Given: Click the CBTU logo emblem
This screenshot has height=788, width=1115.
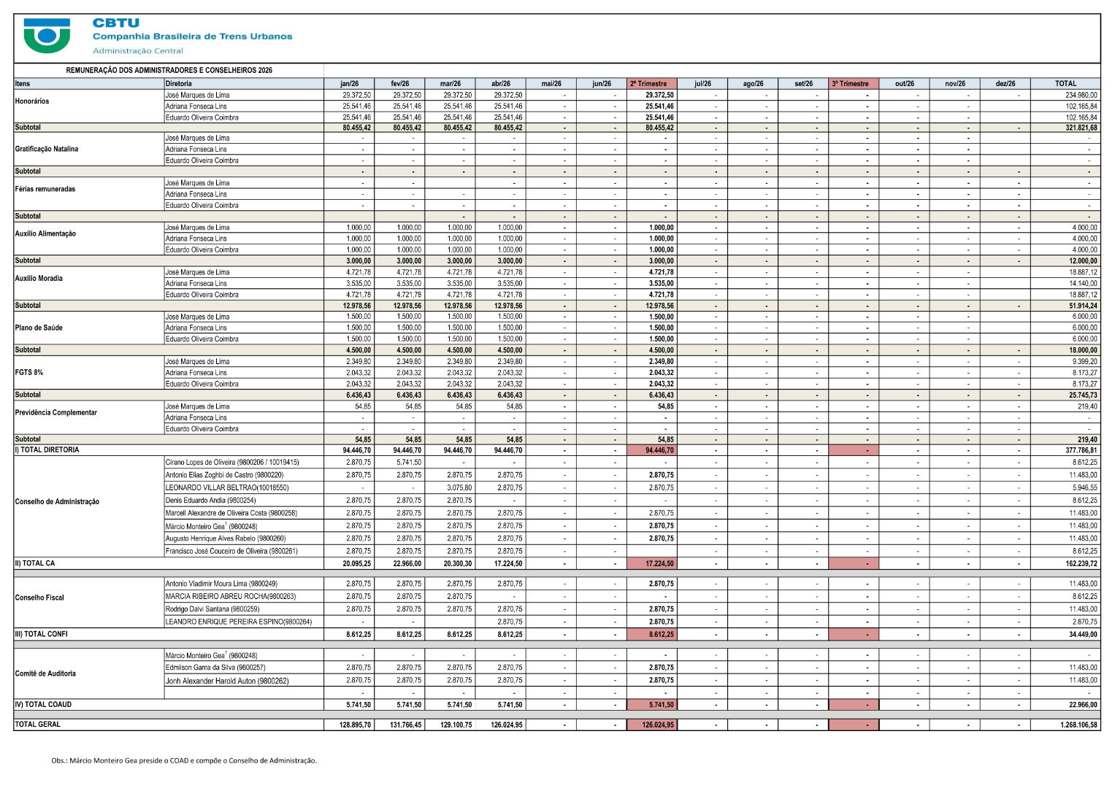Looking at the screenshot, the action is click(x=47, y=36).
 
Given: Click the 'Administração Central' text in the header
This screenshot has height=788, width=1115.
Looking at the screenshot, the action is click(x=138, y=51).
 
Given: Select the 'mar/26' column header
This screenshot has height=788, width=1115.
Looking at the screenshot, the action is click(x=450, y=84).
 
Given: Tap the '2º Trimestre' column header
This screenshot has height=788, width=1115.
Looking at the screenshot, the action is click(x=648, y=84).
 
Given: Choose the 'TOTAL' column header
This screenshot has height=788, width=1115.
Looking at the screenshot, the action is click(x=1065, y=84).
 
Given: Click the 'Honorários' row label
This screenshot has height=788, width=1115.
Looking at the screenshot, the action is click(x=32, y=101).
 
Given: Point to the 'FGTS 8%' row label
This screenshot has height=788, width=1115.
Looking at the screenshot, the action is click(x=29, y=373).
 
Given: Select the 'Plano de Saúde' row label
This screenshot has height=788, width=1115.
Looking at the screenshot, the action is click(x=39, y=328).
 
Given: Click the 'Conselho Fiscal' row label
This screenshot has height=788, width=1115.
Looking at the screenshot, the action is click(x=39, y=598).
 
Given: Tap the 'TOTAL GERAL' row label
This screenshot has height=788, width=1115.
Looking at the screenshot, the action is click(x=37, y=725).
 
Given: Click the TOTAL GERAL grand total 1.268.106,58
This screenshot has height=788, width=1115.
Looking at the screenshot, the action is click(x=1078, y=725).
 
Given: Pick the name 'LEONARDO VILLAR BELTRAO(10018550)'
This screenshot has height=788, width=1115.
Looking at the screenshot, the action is click(x=227, y=487).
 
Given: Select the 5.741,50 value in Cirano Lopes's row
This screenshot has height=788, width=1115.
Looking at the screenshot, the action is click(x=409, y=462).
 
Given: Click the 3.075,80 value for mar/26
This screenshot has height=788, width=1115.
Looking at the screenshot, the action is click(x=459, y=487).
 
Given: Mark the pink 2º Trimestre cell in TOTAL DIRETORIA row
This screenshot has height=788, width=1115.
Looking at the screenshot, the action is click(x=652, y=450).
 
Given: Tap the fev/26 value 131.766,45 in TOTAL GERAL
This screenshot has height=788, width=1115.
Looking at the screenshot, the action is click(x=406, y=725).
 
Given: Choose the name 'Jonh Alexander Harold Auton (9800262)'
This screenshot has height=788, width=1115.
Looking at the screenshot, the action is click(x=227, y=681).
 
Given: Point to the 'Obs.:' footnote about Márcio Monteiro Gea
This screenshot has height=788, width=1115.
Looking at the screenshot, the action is click(x=184, y=760).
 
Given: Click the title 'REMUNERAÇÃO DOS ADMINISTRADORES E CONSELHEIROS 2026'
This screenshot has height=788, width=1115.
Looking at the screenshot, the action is click(x=169, y=70).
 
